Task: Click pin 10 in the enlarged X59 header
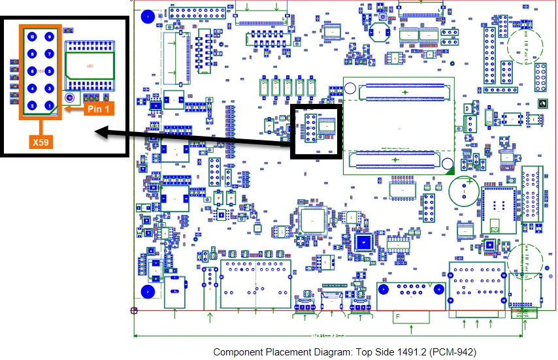(31, 37)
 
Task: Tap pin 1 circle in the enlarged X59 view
(48, 105)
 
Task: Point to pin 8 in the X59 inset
(31, 54)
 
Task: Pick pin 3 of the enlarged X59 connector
(48, 88)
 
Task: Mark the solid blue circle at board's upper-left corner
(149, 15)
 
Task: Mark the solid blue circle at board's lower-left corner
(149, 291)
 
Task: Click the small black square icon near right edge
(540, 104)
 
